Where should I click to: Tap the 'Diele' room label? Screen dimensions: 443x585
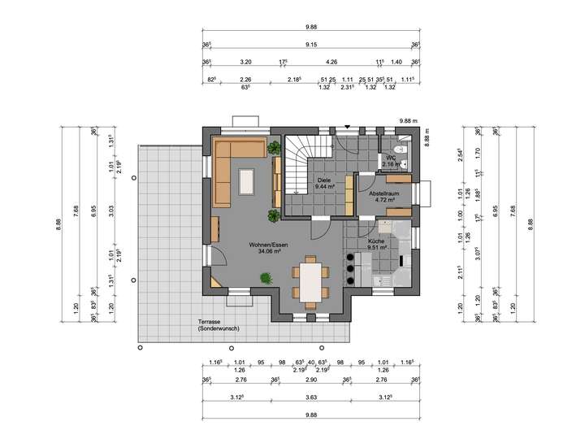click(x=323, y=179)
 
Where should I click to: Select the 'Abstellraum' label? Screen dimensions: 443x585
click(x=383, y=194)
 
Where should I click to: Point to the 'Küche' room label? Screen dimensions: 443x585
click(x=375, y=241)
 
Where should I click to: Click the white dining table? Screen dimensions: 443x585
click(x=310, y=280)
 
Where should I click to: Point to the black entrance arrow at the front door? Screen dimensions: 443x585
click(x=348, y=127)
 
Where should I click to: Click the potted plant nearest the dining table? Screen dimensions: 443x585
click(x=265, y=279)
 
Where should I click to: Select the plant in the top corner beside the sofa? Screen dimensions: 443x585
click(x=272, y=148)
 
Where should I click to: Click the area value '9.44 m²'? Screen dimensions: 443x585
click(x=323, y=186)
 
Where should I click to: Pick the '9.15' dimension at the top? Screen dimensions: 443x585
click(x=311, y=45)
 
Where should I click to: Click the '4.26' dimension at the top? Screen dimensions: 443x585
click(x=331, y=62)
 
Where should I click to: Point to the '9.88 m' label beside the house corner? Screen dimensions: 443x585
click(x=408, y=120)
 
